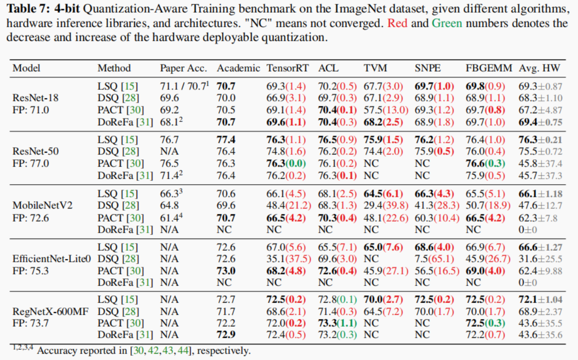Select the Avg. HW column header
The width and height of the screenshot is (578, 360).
(x=539, y=69)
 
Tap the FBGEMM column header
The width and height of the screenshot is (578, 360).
(x=489, y=69)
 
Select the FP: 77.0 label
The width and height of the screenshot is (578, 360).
(x=31, y=163)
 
